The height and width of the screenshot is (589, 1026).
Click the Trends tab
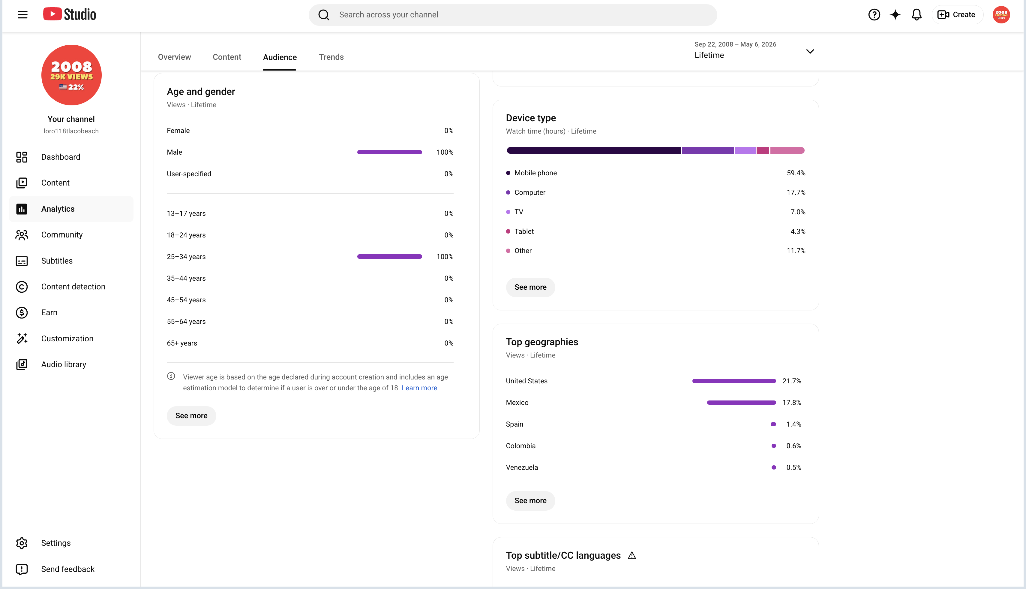pyautogui.click(x=331, y=57)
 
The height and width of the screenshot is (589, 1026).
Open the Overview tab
pyautogui.click(x=174, y=57)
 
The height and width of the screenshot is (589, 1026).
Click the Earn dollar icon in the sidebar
pyautogui.click(x=22, y=313)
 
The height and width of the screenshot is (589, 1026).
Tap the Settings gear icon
pyautogui.click(x=22, y=543)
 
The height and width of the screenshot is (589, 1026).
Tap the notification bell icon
pyautogui.click(x=916, y=15)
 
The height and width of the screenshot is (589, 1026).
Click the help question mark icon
pyautogui.click(x=874, y=15)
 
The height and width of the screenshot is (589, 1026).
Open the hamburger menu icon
pyautogui.click(x=22, y=15)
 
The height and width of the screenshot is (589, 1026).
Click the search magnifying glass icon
pyautogui.click(x=324, y=15)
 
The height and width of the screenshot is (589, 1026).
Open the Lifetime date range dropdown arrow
pyautogui.click(x=810, y=51)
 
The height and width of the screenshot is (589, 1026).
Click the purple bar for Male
pyautogui.click(x=389, y=152)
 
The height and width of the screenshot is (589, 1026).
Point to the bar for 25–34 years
pyautogui.click(x=389, y=256)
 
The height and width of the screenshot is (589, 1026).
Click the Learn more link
pyautogui.click(x=419, y=388)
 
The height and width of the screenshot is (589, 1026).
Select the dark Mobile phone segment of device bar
pyautogui.click(x=593, y=150)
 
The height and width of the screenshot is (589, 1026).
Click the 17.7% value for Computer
pyautogui.click(x=796, y=192)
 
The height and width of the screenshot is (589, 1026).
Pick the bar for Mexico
pyautogui.click(x=741, y=403)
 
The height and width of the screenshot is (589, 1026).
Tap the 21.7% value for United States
pyautogui.click(x=791, y=381)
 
